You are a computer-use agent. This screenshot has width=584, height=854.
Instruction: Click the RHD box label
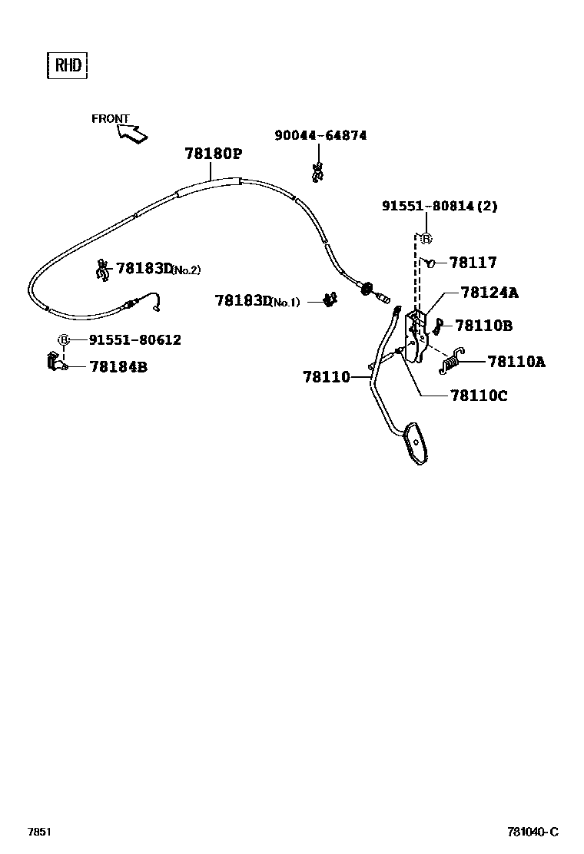[x=67, y=65]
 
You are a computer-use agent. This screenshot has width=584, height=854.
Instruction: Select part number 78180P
[x=213, y=154]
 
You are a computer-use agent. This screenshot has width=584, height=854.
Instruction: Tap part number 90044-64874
[x=320, y=136]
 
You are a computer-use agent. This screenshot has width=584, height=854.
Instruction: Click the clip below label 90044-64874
[x=317, y=173]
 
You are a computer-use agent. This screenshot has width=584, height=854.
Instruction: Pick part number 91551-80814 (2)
[x=440, y=206]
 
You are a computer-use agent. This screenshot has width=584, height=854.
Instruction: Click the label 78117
[x=473, y=263]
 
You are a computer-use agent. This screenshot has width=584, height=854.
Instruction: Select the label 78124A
[x=489, y=293]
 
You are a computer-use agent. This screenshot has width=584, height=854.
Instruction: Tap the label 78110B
[x=483, y=326]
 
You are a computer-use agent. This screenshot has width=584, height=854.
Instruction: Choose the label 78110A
[x=516, y=361]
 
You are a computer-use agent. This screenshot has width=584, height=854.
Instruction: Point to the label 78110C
[x=479, y=396]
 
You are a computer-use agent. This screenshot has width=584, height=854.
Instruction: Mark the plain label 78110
[x=326, y=377]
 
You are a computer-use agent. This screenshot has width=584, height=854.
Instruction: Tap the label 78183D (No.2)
[x=158, y=269]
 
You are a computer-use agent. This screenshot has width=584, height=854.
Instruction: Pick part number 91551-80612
[x=134, y=339]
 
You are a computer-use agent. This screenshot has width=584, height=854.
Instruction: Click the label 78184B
[x=118, y=367]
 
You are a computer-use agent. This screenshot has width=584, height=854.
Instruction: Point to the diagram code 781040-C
[x=532, y=832]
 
